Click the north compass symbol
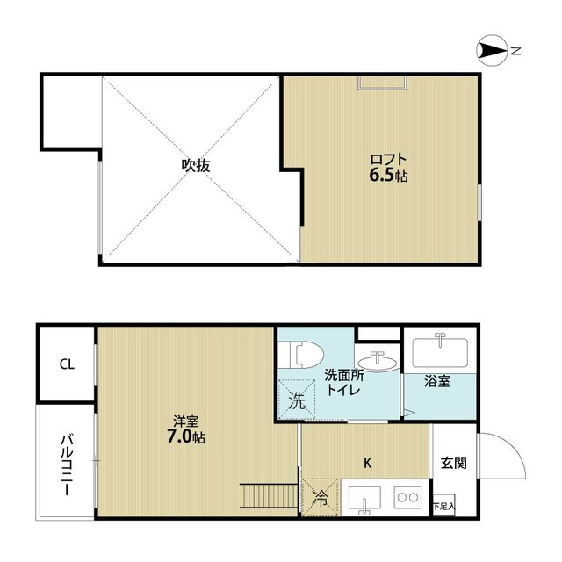(492, 51)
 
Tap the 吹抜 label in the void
(196, 166)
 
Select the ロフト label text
(388, 160)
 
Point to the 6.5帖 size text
(388, 176)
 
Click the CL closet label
(67, 364)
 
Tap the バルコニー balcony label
(67, 465)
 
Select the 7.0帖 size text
(186, 437)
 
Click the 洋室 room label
(186, 421)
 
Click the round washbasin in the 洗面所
(378, 363)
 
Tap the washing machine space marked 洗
(297, 400)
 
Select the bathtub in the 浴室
(440, 352)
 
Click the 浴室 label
(437, 381)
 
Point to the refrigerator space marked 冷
(320, 497)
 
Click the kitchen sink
(364, 498)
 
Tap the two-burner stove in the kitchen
(407, 497)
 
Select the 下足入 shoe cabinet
(444, 505)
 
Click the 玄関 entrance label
(454, 463)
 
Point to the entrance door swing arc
(513, 446)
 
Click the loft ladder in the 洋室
(269, 496)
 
